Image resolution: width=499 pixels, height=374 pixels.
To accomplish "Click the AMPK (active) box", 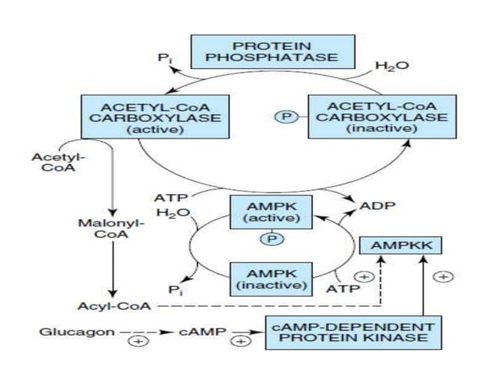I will (x=269, y=211).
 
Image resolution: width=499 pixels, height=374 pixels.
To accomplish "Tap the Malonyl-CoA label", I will (x=100, y=228).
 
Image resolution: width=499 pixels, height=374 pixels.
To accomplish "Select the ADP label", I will (x=377, y=207).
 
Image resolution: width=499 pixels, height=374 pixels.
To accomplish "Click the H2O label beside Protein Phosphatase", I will (x=391, y=67).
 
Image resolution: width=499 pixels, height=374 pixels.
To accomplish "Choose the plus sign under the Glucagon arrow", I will (x=140, y=342).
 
